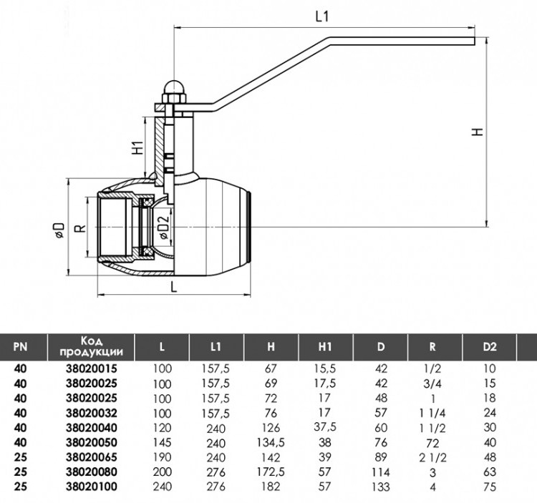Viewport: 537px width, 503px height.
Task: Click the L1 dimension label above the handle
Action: tap(322, 16)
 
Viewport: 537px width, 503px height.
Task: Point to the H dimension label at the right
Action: tap(478, 132)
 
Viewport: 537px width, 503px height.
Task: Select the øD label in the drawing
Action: tap(59, 230)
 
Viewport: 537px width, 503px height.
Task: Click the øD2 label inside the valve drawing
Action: tap(164, 228)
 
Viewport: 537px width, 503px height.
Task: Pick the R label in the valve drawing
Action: tap(80, 228)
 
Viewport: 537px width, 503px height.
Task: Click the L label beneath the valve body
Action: tap(174, 287)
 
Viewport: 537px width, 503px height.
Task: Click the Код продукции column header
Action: tap(91, 346)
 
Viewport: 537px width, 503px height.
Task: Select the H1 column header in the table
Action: tap(324, 347)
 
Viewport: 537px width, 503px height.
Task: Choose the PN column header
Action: tap(20, 347)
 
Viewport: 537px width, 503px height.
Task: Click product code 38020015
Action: tap(92, 369)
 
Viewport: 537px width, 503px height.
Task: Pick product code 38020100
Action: tap(92, 487)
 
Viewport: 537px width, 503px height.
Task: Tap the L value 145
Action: tap(162, 442)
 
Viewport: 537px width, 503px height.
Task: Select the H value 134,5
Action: tap(271, 442)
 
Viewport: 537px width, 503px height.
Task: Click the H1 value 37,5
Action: tap(325, 427)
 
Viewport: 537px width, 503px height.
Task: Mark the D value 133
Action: tap(380, 487)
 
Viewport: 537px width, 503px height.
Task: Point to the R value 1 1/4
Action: tap(432, 413)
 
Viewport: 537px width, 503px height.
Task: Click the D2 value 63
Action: tap(490, 472)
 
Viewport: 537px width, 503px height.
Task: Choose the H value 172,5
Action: tap(271, 472)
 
